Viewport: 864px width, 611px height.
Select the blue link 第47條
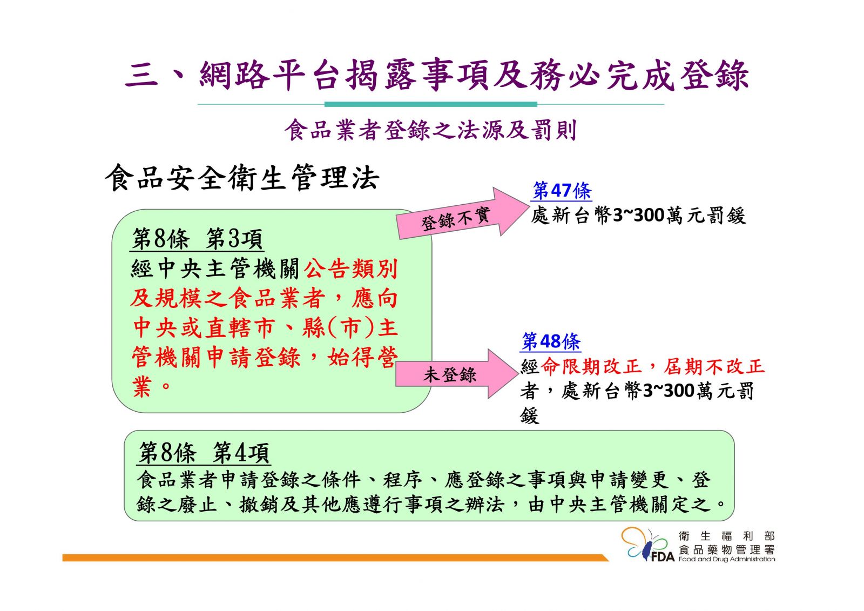pyautogui.click(x=562, y=191)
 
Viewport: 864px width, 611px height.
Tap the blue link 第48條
pyautogui.click(x=550, y=341)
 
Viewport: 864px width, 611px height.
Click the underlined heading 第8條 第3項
pyautogui.click(x=197, y=238)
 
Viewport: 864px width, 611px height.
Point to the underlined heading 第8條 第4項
pyautogui.click(x=204, y=453)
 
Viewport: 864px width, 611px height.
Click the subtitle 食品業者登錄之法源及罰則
pyautogui.click(x=431, y=130)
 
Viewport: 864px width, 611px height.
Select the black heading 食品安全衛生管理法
pyautogui.click(x=242, y=178)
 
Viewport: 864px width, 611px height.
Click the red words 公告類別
pyautogui.click(x=350, y=268)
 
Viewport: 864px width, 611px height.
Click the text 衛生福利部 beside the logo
pyautogui.click(x=726, y=536)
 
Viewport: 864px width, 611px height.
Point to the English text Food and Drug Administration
pyautogui.click(x=726, y=559)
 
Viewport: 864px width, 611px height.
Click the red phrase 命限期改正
pyautogui.click(x=591, y=366)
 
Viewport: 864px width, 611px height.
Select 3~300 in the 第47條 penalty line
pyautogui.click(x=638, y=216)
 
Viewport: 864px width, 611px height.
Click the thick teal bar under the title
pyautogui.click(x=430, y=104)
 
